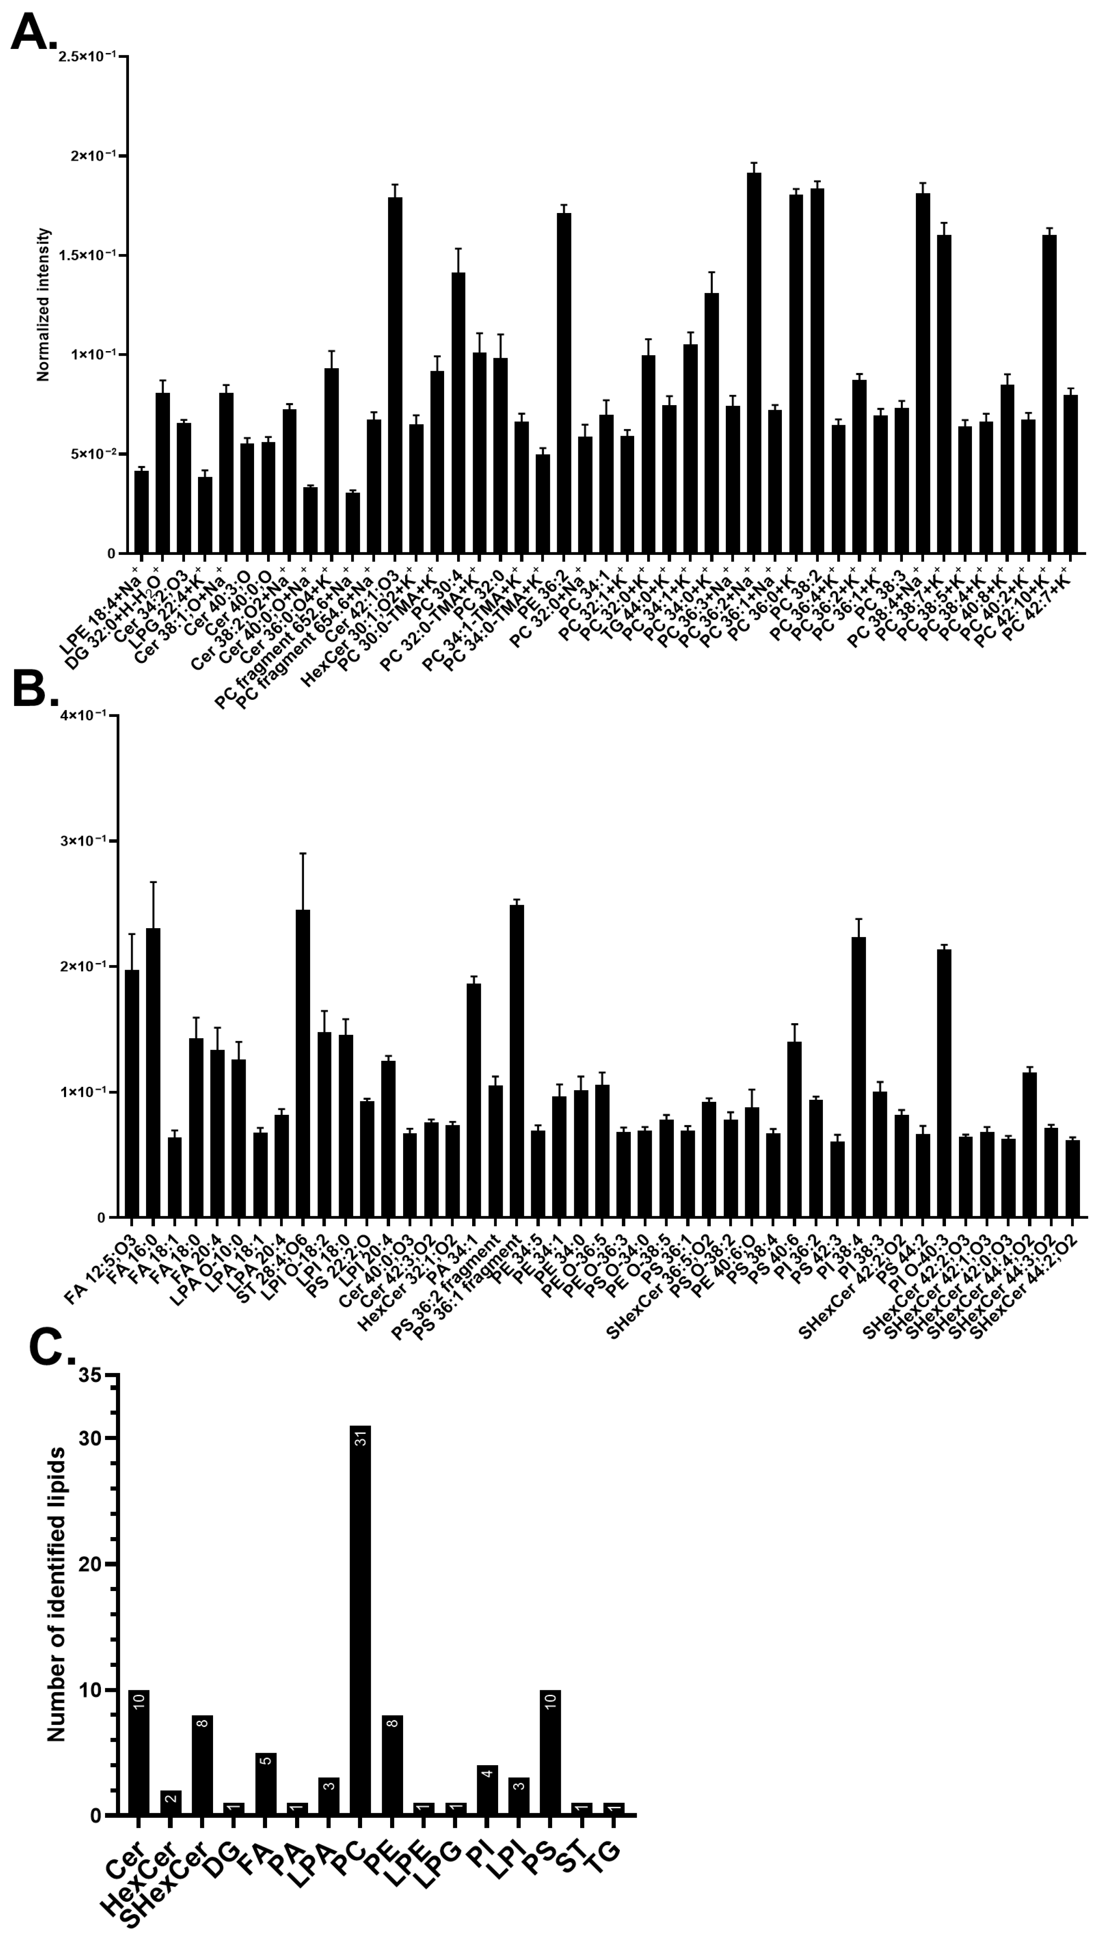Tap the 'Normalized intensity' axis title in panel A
(43, 304)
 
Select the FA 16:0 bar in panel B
(153, 1073)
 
